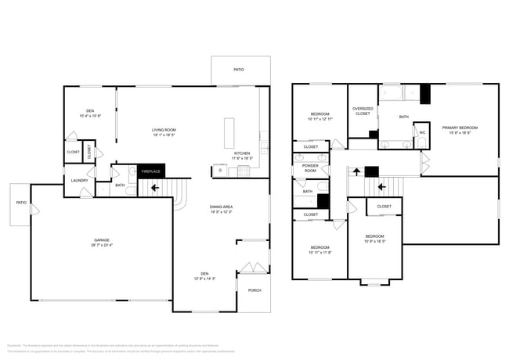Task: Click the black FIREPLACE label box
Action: point(150,171)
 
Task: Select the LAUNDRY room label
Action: point(78,181)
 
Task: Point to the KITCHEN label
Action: point(243,153)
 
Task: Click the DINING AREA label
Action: point(222,207)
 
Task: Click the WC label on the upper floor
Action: point(422,132)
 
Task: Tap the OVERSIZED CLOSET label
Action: point(363,111)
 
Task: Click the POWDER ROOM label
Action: point(309,167)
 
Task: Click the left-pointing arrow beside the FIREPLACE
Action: point(154,188)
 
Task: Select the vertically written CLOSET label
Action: point(89,152)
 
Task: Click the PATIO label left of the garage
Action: point(21,203)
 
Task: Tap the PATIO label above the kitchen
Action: point(239,70)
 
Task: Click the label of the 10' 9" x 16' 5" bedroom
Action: point(375,236)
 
